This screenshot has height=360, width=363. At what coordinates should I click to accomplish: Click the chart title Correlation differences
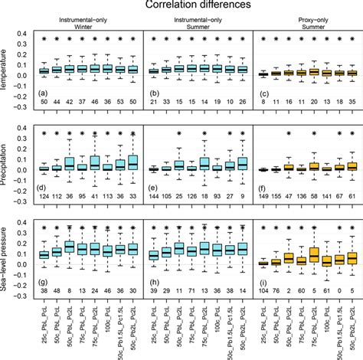tap(198, 6)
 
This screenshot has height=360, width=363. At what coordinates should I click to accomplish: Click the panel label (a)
tap(44, 93)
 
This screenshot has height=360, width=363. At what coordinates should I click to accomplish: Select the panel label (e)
tap(152, 188)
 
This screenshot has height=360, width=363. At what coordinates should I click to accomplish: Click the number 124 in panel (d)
tap(44, 197)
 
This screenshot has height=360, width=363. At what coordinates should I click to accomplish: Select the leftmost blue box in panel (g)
tap(44, 254)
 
